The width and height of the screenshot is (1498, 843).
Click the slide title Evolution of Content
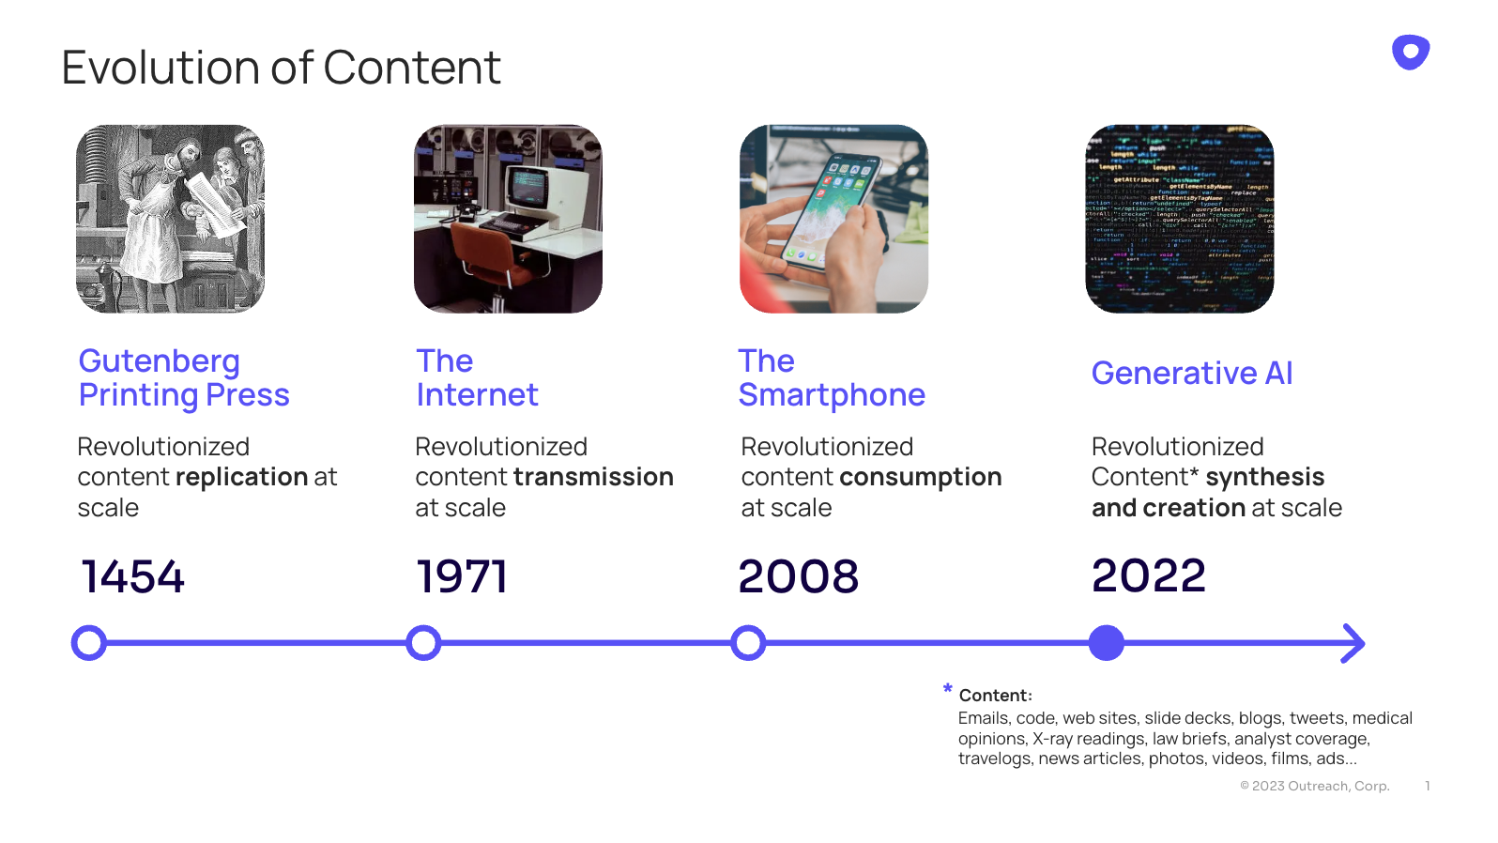pyautogui.click(x=281, y=69)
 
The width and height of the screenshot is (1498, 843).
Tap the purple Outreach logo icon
pyautogui.click(x=1410, y=52)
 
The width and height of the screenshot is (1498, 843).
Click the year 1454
pyautogui.click(x=132, y=576)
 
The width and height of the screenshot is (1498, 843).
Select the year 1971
pyautogui.click(x=461, y=576)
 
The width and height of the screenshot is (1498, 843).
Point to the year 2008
pyautogui.click(x=798, y=576)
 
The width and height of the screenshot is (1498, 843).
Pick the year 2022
pyautogui.click(x=1148, y=575)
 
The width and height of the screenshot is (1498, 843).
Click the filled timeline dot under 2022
pyautogui.click(x=1107, y=643)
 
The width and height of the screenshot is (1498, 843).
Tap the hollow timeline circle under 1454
pyautogui.click(x=89, y=643)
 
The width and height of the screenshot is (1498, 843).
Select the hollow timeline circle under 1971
pyautogui.click(x=423, y=643)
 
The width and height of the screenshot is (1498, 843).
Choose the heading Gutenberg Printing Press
pyautogui.click(x=184, y=377)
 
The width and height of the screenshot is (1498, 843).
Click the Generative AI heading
pyautogui.click(x=1192, y=374)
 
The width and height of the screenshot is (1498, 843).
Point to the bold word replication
pyautogui.click(x=242, y=477)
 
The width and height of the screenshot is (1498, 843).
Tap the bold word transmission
pyautogui.click(x=593, y=477)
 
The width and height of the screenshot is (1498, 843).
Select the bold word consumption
pyautogui.click(x=920, y=477)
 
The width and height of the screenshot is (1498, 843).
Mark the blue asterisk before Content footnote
pyautogui.click(x=947, y=689)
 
